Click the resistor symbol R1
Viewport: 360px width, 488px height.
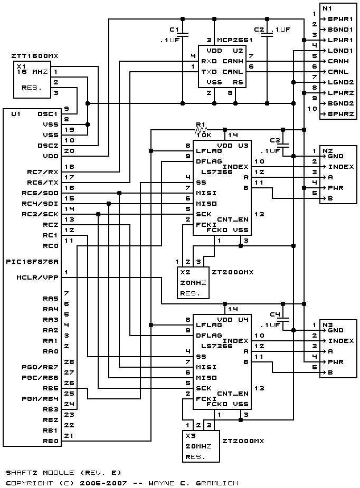(x=201, y=130)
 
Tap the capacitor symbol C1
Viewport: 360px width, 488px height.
(x=183, y=34)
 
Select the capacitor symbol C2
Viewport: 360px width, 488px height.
(x=267, y=34)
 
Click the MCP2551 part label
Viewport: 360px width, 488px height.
(x=234, y=40)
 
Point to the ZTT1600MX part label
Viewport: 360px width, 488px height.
(x=34, y=56)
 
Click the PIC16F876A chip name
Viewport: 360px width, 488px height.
(x=32, y=262)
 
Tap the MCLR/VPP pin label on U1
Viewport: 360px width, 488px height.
(x=37, y=278)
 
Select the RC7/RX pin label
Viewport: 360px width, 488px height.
(x=43, y=172)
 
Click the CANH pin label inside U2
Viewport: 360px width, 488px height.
(x=233, y=61)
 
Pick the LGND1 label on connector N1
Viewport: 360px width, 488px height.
(x=340, y=51)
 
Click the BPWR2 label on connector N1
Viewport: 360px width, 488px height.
(x=340, y=114)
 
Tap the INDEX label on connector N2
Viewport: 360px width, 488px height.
(x=341, y=167)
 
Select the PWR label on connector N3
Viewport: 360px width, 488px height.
(x=336, y=362)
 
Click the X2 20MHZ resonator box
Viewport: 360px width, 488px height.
(x=193, y=283)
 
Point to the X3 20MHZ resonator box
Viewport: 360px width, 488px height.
(x=201, y=446)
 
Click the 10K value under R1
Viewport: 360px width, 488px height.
(x=204, y=135)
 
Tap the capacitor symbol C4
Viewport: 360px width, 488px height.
(x=283, y=319)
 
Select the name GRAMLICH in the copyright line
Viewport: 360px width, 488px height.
(x=217, y=483)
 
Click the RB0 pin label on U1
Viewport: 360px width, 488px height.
(x=51, y=441)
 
